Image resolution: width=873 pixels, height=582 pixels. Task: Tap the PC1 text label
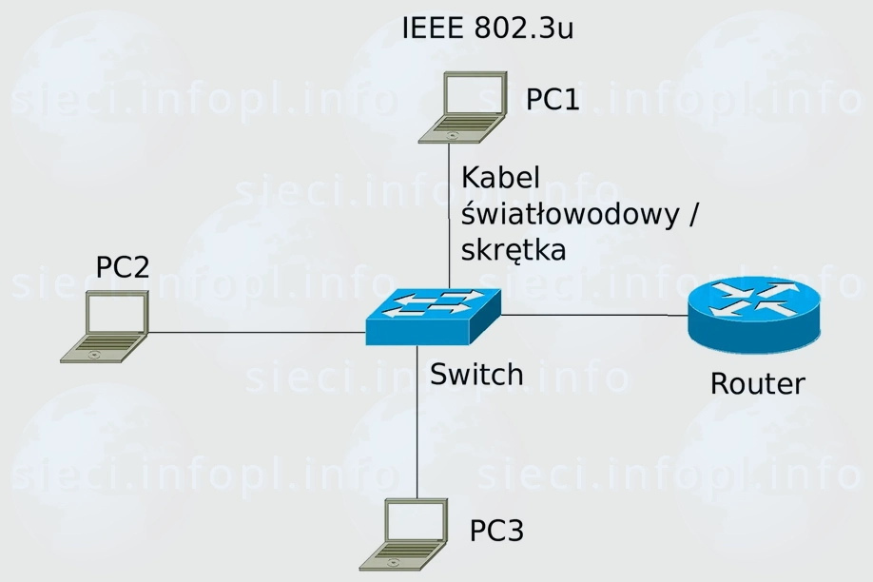pyautogui.click(x=553, y=99)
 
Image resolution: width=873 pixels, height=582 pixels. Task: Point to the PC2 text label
pyautogui.click(x=123, y=267)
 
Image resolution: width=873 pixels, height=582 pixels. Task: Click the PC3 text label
pyautogui.click(x=496, y=531)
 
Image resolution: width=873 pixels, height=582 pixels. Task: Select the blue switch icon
pyautogui.click(x=433, y=316)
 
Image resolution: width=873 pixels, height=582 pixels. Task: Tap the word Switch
pyautogui.click(x=476, y=374)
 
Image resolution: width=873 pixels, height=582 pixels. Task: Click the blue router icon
pyautogui.click(x=752, y=315)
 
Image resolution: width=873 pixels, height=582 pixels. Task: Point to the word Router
pyautogui.click(x=757, y=383)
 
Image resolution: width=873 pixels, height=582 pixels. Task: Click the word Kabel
pyautogui.click(x=500, y=178)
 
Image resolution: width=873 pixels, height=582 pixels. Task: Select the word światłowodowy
pyautogui.click(x=570, y=215)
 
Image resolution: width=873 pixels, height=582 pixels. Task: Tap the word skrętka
pyautogui.click(x=513, y=250)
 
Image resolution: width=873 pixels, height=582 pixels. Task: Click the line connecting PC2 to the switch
pyautogui.click(x=257, y=333)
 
